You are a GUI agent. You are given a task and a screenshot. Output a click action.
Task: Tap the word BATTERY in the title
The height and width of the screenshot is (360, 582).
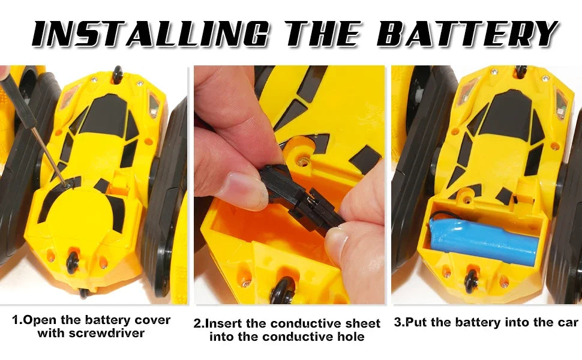tap(467, 34)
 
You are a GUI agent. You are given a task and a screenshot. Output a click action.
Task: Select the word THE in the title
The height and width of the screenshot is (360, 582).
tap(322, 34)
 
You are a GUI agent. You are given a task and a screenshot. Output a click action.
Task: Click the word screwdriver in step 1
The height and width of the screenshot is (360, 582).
tap(91, 333)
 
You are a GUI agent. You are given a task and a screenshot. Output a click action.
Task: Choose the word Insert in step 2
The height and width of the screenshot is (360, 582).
tap(223, 323)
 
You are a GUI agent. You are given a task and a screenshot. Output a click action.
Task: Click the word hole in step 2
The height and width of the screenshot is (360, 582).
tap(352, 337)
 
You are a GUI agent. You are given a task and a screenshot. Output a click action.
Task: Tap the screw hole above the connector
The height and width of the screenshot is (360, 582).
tap(303, 161)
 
